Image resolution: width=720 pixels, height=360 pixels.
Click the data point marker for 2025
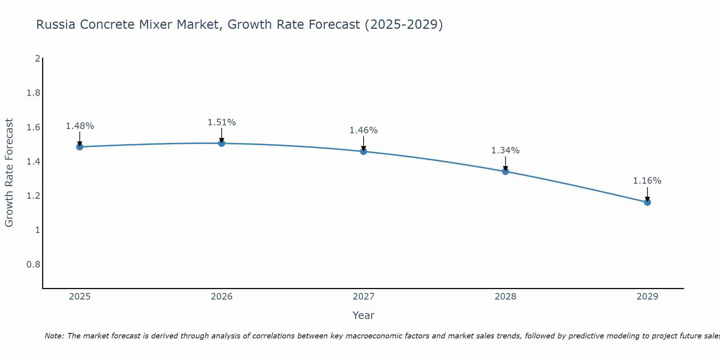[x=80, y=147]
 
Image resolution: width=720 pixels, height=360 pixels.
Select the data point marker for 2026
[x=222, y=143]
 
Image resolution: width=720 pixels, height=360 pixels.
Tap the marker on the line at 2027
[x=364, y=152]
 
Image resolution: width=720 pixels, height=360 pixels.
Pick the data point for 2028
[x=505, y=171]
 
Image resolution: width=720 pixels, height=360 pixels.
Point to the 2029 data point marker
[x=647, y=202]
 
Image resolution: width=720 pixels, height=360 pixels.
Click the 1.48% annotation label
[x=80, y=126]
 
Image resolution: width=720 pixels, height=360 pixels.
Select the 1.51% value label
[x=222, y=122]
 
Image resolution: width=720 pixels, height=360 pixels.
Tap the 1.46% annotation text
[x=364, y=130]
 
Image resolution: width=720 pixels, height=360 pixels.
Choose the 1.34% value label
[x=505, y=150]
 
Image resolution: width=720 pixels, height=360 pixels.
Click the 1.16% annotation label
[x=647, y=181]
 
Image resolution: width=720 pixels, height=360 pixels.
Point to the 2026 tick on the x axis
[x=222, y=297]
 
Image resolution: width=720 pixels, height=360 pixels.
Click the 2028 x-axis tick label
[x=505, y=297]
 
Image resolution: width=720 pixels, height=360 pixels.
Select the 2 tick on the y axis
[x=37, y=58]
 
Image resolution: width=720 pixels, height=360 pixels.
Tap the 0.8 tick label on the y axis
[x=33, y=265]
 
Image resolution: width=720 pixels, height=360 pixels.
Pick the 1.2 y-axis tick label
[x=33, y=196]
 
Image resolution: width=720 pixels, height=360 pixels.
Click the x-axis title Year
[x=364, y=315]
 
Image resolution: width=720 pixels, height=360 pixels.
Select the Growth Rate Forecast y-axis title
[x=9, y=173]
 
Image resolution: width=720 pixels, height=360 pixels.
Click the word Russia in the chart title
[x=56, y=24]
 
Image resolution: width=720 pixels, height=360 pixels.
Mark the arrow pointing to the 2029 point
[x=647, y=194]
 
